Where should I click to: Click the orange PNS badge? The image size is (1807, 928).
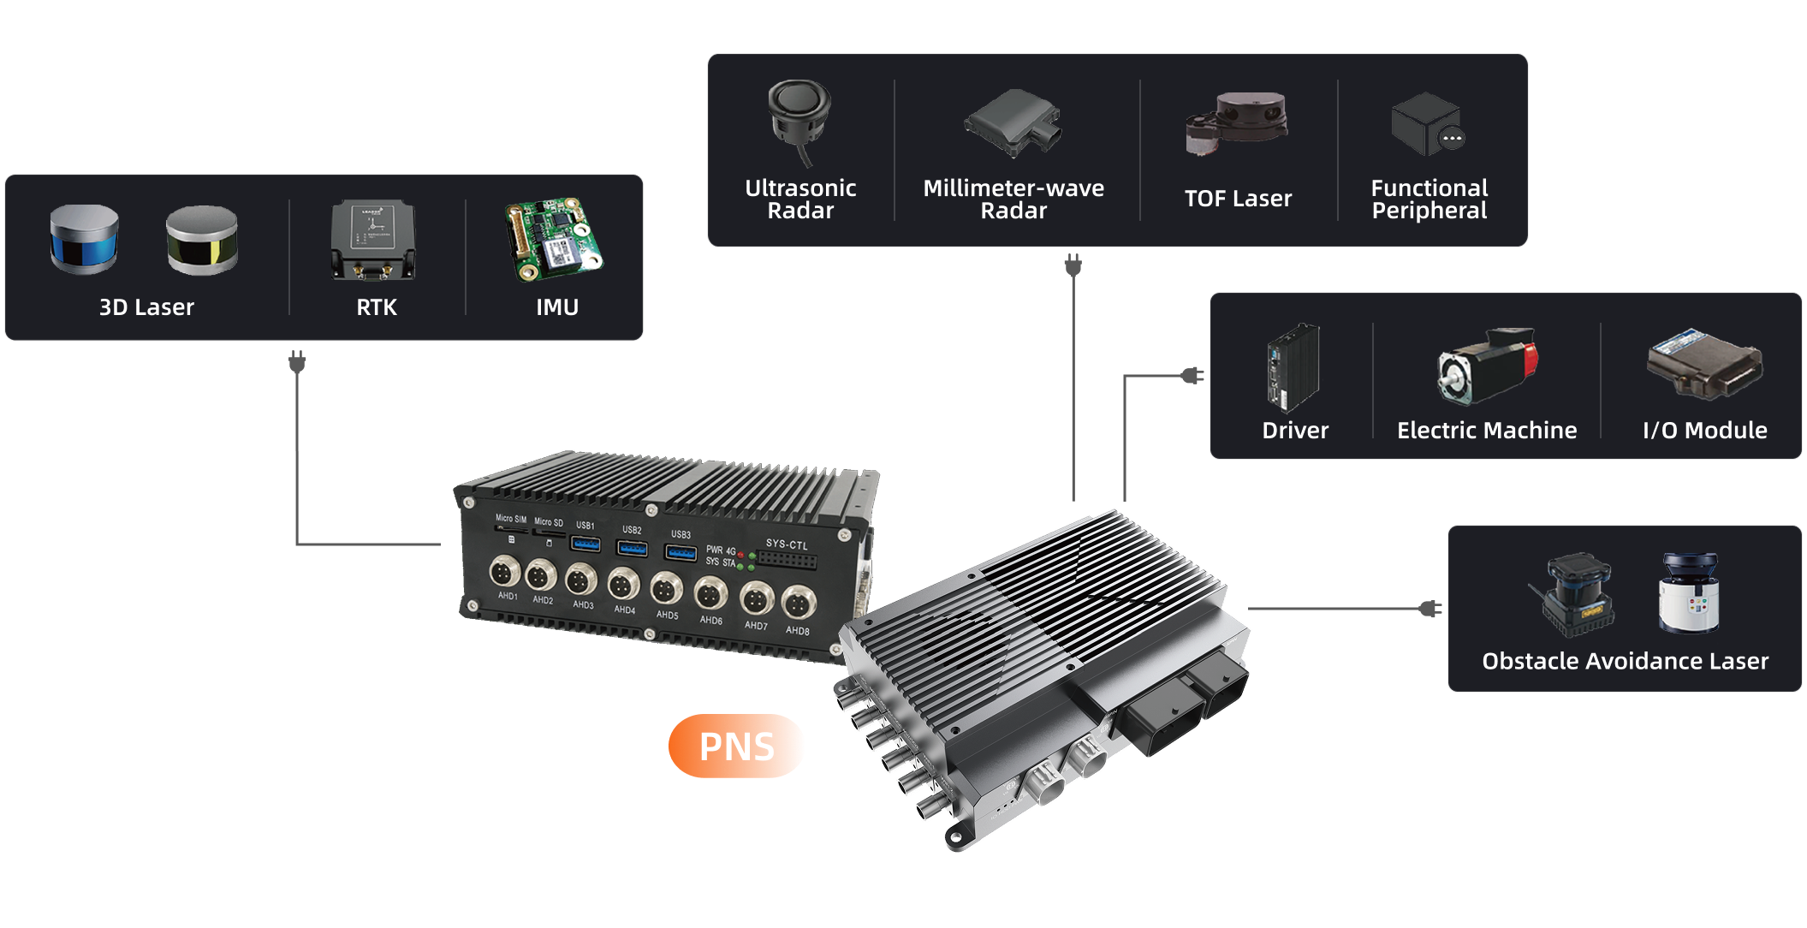click(736, 746)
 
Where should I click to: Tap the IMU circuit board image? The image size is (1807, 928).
click(554, 239)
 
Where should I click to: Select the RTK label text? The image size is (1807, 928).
click(376, 307)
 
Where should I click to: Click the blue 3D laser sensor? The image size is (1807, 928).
click(84, 239)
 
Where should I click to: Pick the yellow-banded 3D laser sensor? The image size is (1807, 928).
click(201, 240)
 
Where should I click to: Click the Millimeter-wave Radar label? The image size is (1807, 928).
click(1013, 199)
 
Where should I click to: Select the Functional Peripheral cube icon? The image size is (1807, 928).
click(1427, 125)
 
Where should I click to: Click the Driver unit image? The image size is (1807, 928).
click(1293, 367)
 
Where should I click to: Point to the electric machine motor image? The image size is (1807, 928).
click(1487, 366)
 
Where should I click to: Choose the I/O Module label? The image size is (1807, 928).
click(1704, 431)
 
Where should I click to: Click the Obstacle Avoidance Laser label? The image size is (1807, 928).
click(1625, 661)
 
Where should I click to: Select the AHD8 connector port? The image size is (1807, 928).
click(798, 603)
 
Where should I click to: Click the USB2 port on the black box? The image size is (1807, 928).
click(632, 547)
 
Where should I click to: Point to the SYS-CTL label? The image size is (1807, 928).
click(786, 544)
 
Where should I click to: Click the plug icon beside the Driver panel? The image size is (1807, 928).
click(1192, 375)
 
